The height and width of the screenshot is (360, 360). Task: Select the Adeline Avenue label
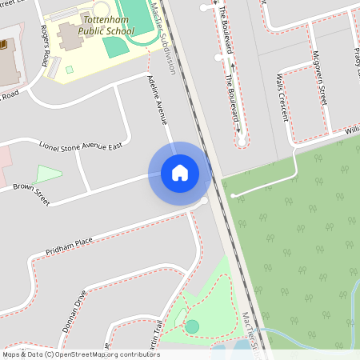click(x=158, y=99)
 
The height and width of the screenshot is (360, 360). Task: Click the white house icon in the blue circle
click(x=180, y=173)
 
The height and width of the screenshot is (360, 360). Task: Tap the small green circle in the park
click(x=192, y=326)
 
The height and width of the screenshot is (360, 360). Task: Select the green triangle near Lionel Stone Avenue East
click(x=48, y=174)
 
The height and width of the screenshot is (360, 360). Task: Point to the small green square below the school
click(x=70, y=70)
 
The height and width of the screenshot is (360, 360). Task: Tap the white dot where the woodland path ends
click(x=233, y=195)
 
